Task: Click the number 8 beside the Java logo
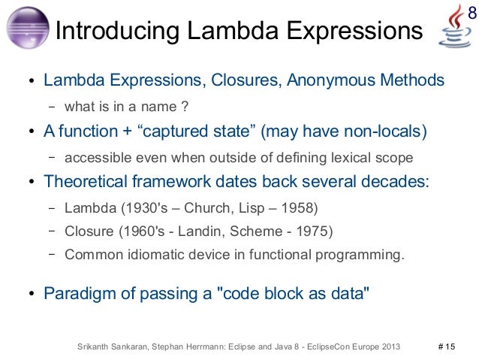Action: [472, 13]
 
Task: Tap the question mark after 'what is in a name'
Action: [184, 104]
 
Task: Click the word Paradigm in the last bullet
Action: [77, 293]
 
